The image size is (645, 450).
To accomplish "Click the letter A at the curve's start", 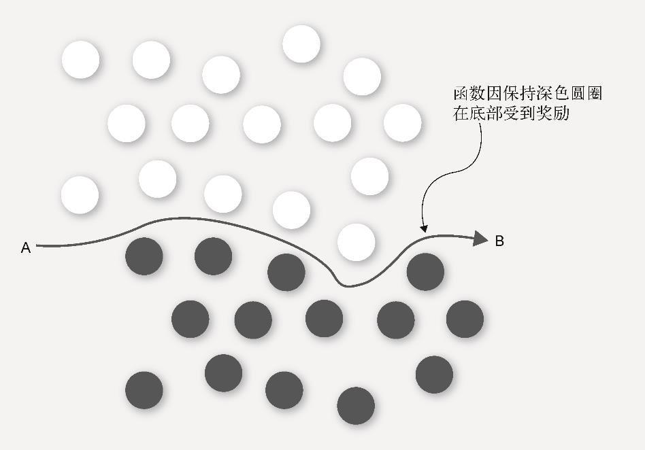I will (x=26, y=248).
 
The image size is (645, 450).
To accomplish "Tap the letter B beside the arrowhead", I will (x=499, y=241).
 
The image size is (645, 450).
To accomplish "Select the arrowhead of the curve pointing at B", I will (x=481, y=238).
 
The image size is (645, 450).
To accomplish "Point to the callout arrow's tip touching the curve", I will (x=424, y=230).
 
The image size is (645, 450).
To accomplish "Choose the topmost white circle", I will (x=301, y=44).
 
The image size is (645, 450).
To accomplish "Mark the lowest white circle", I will (x=357, y=242).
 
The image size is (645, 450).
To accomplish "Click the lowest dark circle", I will (x=356, y=406).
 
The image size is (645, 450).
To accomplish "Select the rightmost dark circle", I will (x=465, y=318).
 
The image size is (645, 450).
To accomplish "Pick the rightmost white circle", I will (x=403, y=123).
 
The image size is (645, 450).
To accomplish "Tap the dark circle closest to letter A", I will (x=144, y=256).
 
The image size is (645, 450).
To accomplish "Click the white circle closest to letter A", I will (x=80, y=195).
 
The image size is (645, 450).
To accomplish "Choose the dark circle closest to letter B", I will (x=426, y=271).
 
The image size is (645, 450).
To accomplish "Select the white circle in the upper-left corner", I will (x=80, y=60).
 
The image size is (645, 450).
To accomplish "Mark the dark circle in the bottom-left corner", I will (x=144, y=390).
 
